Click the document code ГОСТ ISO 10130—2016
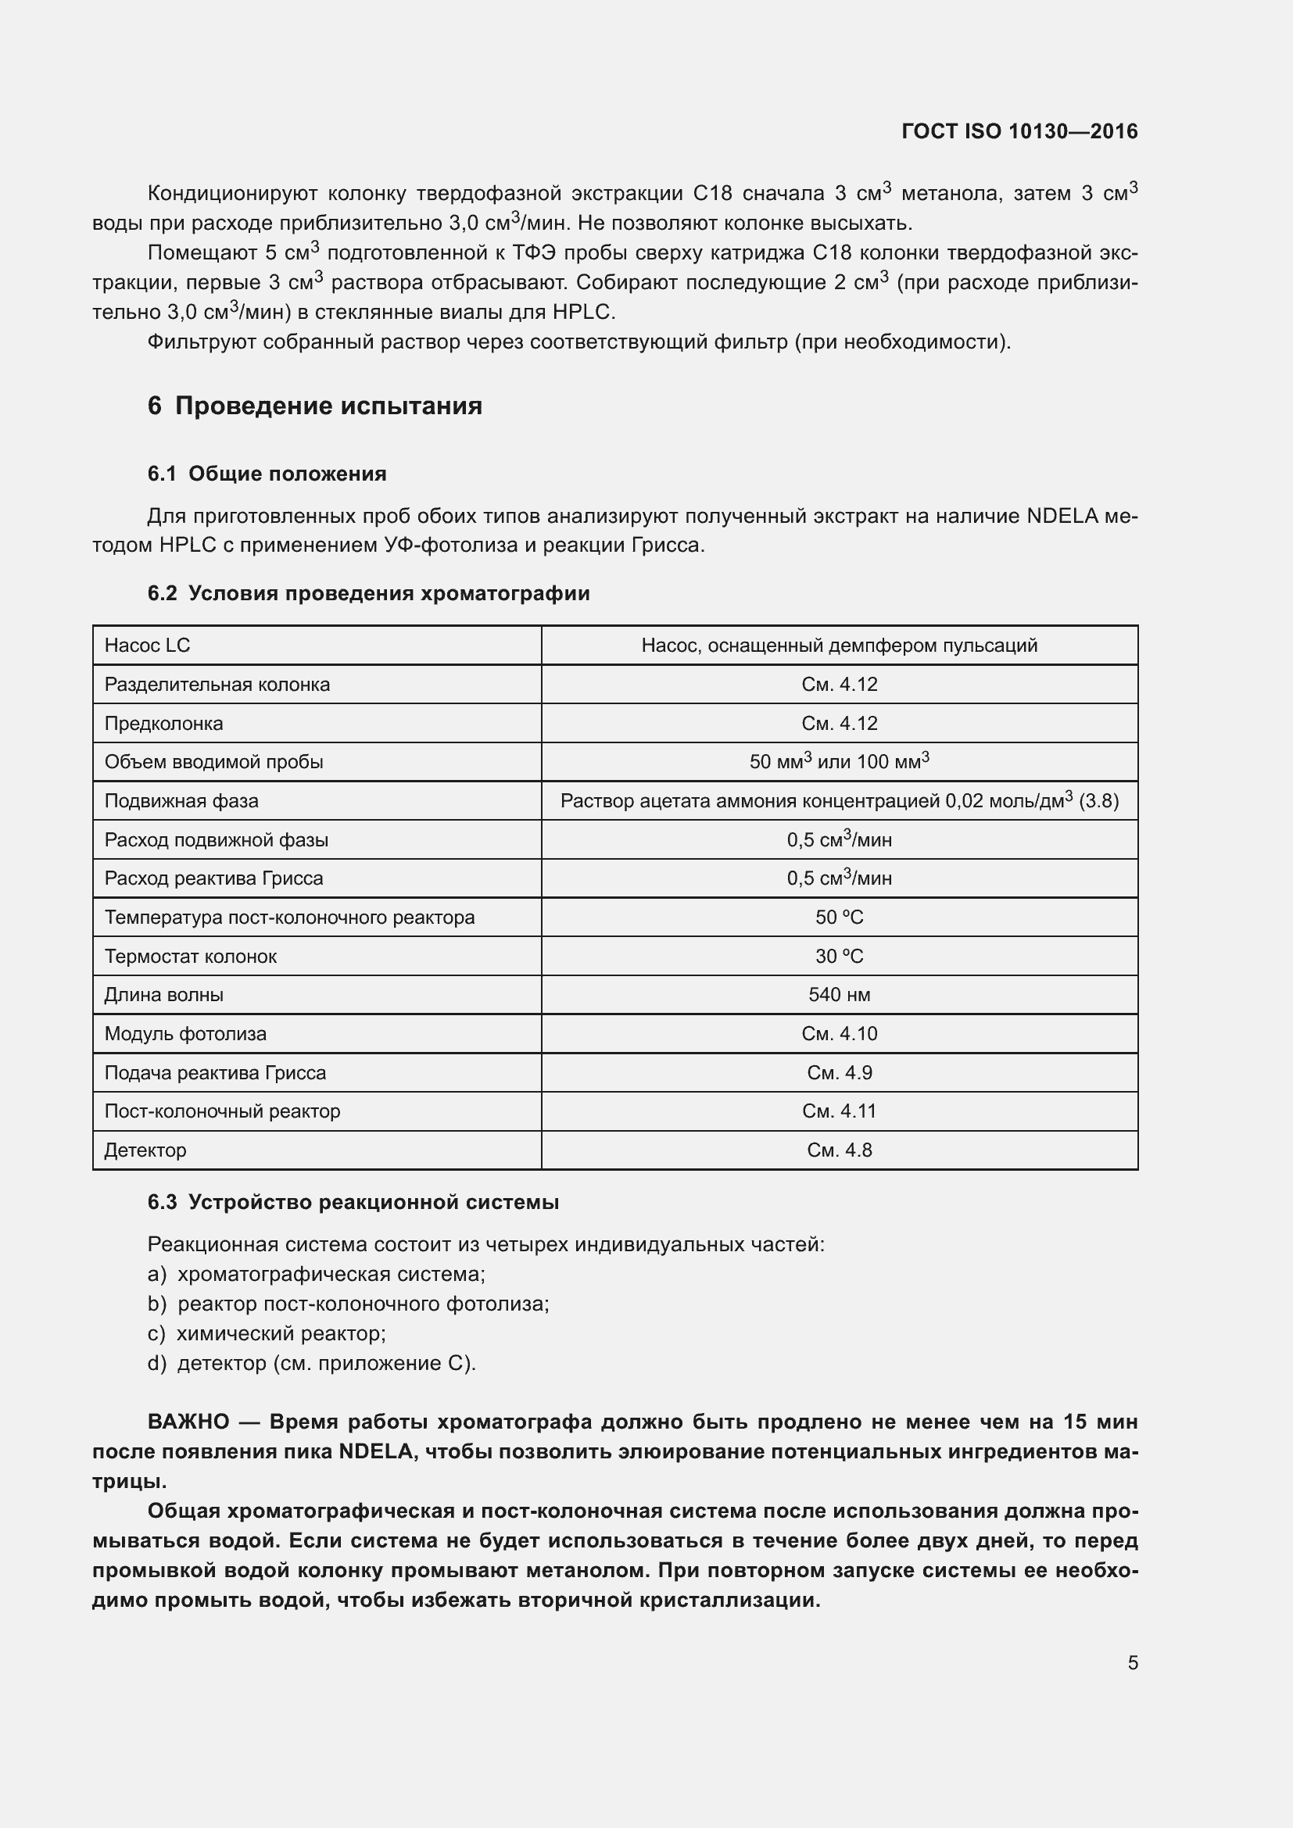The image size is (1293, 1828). point(1019,131)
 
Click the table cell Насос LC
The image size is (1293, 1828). point(148,646)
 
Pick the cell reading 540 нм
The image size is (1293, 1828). point(839,995)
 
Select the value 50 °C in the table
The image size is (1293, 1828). point(839,918)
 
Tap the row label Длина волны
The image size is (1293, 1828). point(164,995)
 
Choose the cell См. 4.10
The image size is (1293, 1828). point(839,1034)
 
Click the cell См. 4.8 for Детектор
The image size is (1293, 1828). point(839,1150)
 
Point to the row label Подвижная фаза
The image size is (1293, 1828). point(181,801)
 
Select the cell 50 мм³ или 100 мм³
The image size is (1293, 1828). point(839,762)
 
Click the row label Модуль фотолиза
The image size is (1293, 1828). point(185,1034)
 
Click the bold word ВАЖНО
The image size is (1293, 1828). point(188,1422)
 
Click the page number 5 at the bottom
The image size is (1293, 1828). point(1132,1663)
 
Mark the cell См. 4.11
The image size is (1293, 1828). point(839,1111)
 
